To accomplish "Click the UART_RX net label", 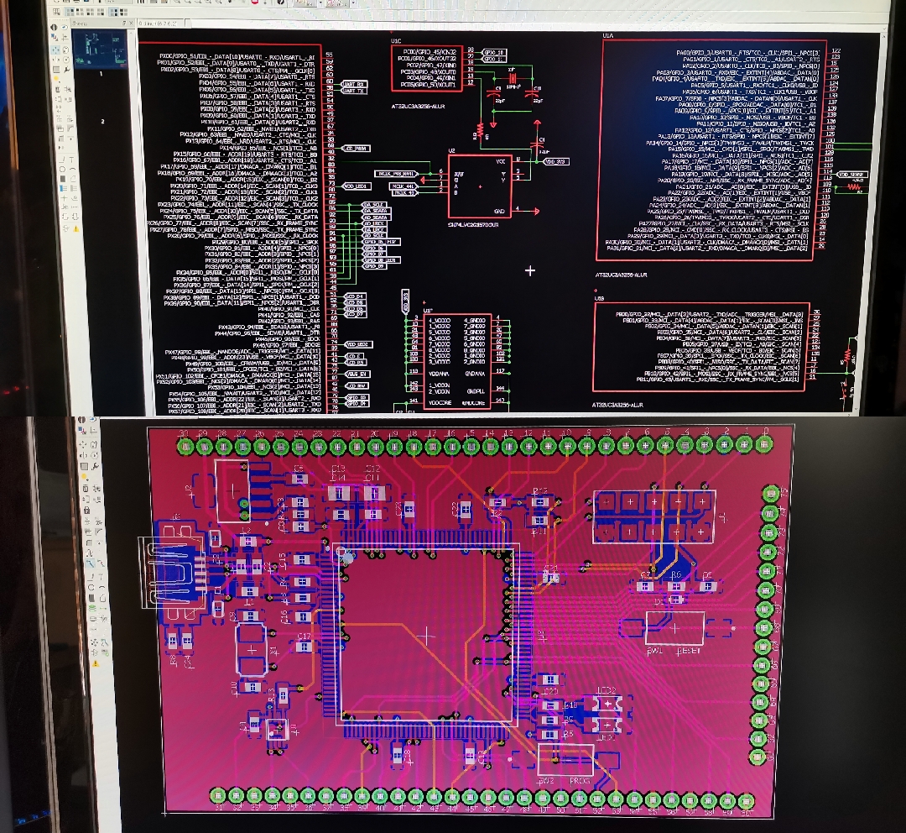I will coord(354,84).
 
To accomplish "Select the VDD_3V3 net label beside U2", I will coord(555,161).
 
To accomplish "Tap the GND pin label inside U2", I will coord(500,211).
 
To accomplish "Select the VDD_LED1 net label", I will coord(357,186).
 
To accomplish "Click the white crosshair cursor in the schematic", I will coord(530,270).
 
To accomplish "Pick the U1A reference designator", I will coord(608,36).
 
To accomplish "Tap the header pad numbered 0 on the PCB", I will coord(765,443).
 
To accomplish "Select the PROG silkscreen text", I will coord(581,780).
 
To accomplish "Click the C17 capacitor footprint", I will coord(304,646).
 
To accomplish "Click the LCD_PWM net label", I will coord(357,148).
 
